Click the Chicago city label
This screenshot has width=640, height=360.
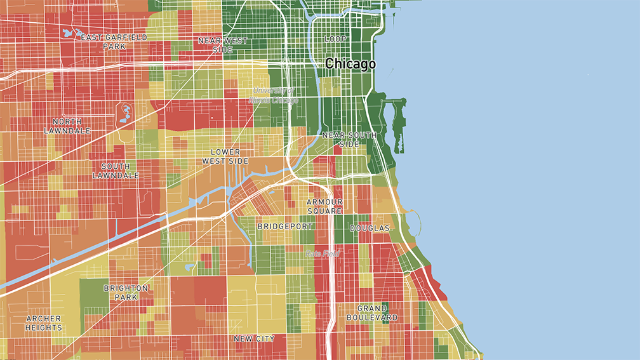point(350,63)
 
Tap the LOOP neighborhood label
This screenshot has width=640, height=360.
point(336,39)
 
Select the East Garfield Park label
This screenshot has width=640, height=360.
point(114,42)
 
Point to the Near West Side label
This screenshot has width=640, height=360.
point(223,44)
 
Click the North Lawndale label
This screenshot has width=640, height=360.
point(67,126)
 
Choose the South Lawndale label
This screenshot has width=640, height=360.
point(116,170)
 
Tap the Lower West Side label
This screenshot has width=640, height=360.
point(225,157)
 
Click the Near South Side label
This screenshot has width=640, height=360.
point(349,140)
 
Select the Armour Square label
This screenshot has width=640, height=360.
point(324,206)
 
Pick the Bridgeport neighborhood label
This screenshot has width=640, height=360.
point(285,226)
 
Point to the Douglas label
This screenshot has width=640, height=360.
point(369,228)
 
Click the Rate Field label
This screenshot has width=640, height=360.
point(323,253)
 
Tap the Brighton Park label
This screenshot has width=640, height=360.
point(126,292)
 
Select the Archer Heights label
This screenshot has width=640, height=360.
point(44,323)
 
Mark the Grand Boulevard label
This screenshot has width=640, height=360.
point(372,313)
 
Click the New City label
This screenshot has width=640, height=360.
point(254,339)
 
